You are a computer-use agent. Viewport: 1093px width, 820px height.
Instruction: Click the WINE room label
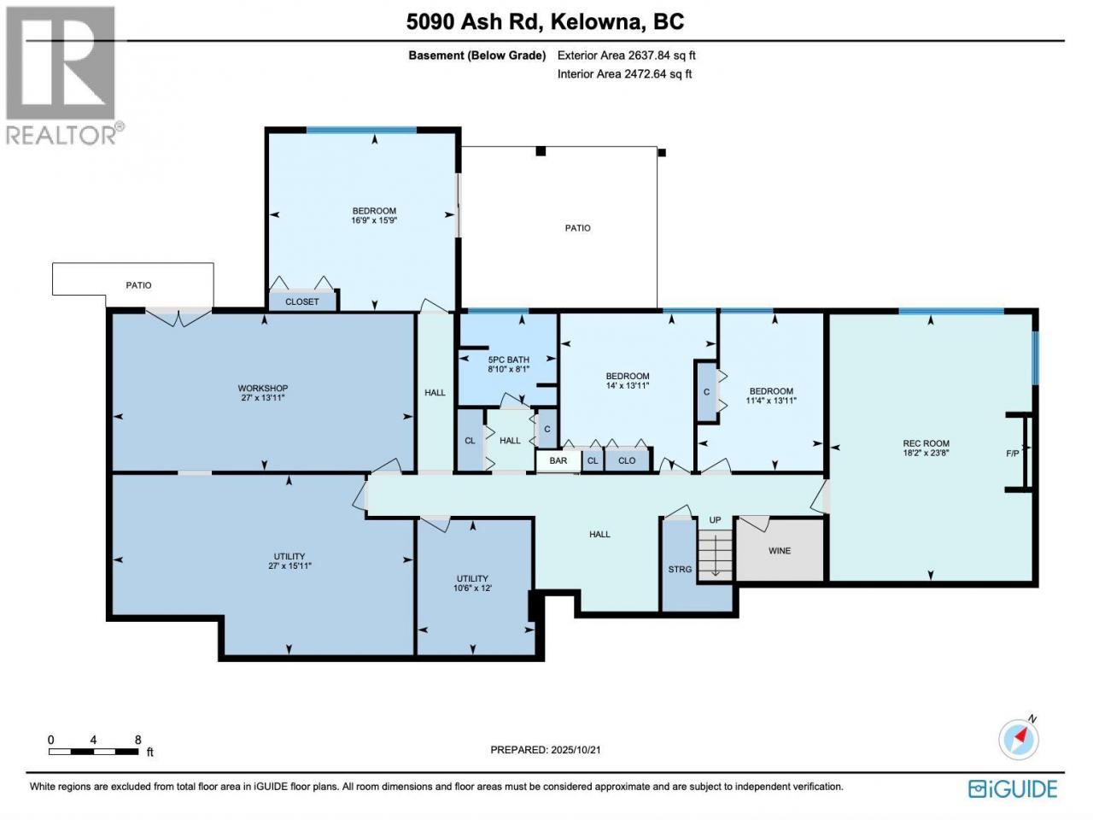coord(779,551)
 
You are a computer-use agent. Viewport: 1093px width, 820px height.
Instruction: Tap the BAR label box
coord(558,460)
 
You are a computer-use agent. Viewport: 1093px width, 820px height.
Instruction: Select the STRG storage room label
coord(679,569)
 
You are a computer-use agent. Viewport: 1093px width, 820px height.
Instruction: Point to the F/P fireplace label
coord(1012,454)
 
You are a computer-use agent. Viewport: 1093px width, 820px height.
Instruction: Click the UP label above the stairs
coord(715,520)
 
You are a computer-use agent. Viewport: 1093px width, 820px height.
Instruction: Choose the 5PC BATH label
coord(508,360)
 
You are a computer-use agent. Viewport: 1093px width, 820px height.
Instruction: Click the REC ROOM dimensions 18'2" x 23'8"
coord(926,453)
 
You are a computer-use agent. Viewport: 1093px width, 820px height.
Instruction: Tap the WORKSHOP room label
coord(262,389)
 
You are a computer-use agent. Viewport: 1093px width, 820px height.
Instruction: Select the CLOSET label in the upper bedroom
coord(301,302)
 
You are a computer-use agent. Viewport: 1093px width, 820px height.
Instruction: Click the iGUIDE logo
coord(1013,789)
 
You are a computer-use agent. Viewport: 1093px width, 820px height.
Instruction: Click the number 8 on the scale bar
coord(138,740)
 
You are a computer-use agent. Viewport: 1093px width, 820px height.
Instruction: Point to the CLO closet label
coord(627,460)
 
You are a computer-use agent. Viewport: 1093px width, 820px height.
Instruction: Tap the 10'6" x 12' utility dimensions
coord(472,588)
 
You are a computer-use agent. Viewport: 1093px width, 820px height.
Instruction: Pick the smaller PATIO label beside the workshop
coord(138,285)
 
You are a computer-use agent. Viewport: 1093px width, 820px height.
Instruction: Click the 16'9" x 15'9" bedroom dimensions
coord(374,220)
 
